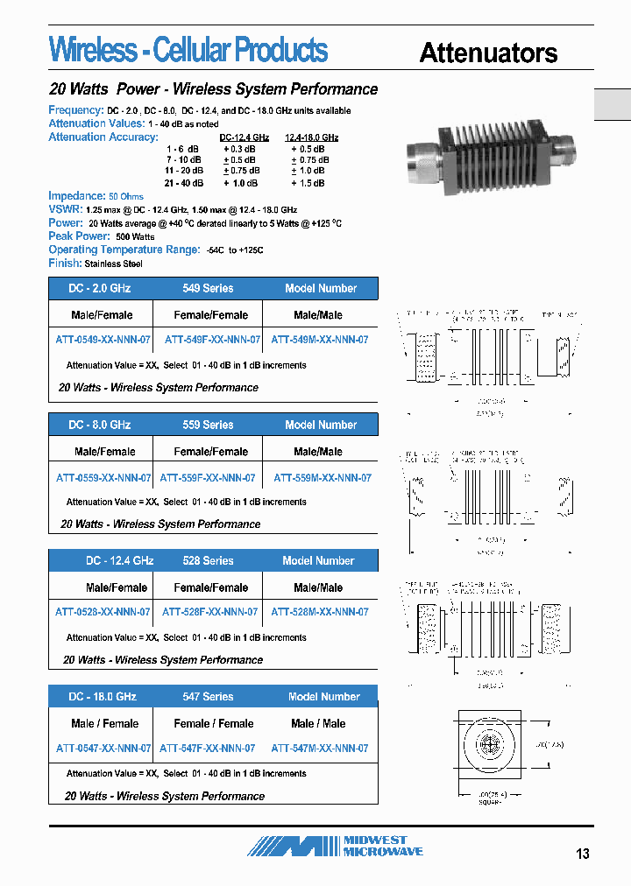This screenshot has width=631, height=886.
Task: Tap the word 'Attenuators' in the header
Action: (488, 53)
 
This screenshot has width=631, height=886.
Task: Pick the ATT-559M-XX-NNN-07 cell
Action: (323, 478)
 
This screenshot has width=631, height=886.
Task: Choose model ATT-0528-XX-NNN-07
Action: (103, 613)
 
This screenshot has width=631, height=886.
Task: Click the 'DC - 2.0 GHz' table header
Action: (100, 288)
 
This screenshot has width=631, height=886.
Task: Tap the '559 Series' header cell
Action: (208, 425)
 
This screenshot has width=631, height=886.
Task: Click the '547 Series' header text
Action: (208, 697)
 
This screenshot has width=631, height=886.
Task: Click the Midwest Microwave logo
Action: (336, 846)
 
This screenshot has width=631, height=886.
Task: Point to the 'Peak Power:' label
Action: (79, 236)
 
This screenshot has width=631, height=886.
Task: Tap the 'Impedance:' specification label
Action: (77, 196)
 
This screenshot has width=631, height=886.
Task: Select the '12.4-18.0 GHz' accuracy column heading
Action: (311, 137)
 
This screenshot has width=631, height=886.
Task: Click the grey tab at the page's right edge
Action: (613, 104)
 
